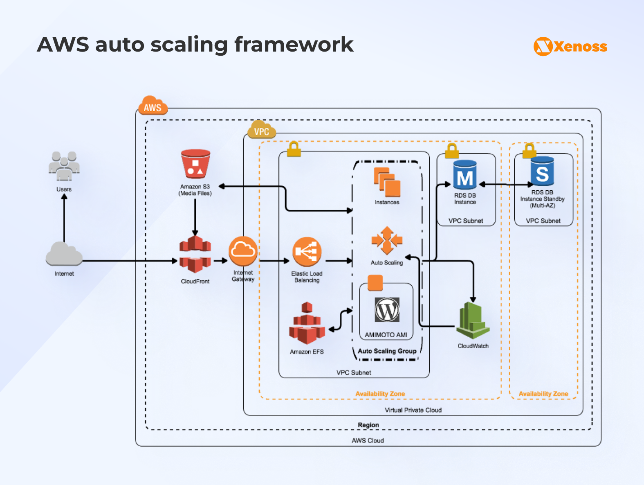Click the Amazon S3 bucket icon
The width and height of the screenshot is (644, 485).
coord(195,164)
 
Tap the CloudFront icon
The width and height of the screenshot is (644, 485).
coord(195,254)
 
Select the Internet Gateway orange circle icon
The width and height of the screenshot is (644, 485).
coord(243,251)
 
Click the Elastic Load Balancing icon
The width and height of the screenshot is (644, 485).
coord(307,252)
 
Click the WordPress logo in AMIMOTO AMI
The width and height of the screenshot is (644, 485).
coord(387,310)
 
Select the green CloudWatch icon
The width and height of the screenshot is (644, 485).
coord(473,321)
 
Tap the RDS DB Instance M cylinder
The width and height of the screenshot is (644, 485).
coord(465,175)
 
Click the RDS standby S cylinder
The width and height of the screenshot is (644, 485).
coord(542,171)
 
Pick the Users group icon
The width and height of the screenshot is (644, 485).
coord(64,166)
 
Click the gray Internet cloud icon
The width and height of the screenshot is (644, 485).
coord(64,254)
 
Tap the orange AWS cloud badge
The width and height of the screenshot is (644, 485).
coord(153,106)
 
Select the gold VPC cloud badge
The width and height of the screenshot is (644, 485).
coord(262,130)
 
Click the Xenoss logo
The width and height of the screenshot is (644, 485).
coord(570,46)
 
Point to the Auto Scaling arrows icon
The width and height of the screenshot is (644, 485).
coord(387,241)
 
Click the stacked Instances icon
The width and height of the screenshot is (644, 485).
coord(387,183)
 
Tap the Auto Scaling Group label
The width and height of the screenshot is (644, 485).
coord(387,351)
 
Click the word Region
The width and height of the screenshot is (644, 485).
coord(368,425)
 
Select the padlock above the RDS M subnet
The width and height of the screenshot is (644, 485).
coord(452,151)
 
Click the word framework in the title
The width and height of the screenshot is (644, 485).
coord(294,45)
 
